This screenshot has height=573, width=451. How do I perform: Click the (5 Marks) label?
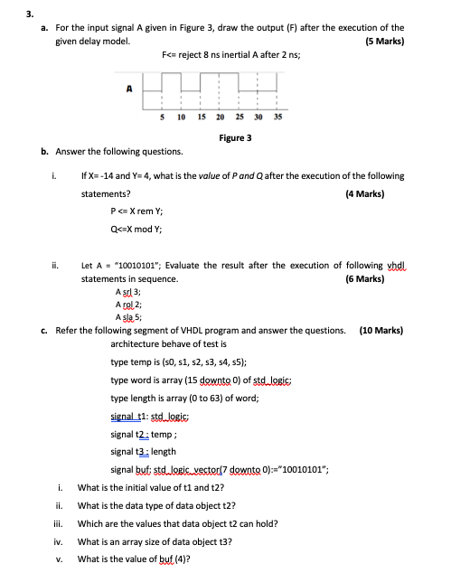384,42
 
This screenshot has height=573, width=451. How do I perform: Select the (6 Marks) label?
364,280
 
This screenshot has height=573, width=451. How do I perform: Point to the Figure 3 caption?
235,137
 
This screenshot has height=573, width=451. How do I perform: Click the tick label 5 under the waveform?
161,117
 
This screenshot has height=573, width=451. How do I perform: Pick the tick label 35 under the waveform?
277,117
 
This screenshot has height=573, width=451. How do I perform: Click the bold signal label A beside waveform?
129,89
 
